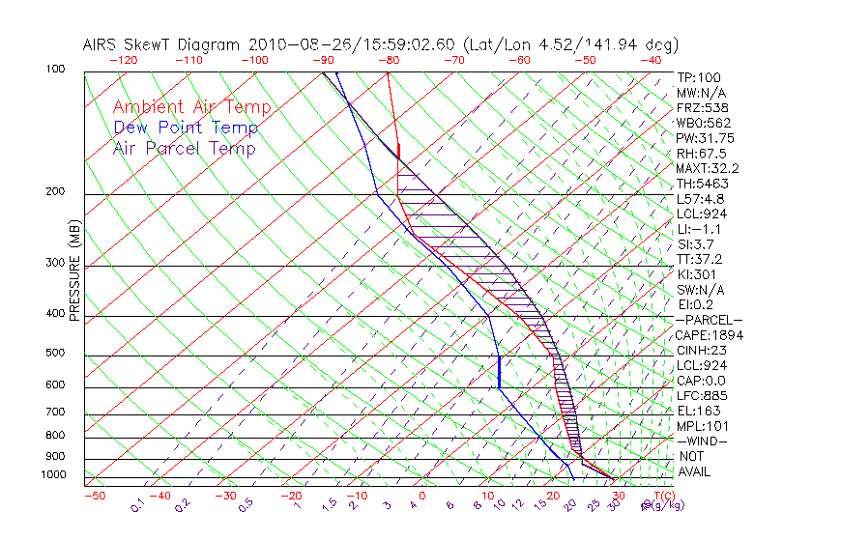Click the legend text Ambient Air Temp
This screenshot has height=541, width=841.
(x=191, y=107)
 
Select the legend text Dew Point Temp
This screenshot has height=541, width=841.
(x=186, y=128)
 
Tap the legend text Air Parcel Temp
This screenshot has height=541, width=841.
(x=185, y=148)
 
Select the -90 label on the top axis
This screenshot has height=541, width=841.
(x=322, y=60)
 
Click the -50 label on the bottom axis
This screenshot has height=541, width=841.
(x=94, y=496)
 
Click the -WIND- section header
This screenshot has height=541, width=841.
(x=703, y=441)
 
